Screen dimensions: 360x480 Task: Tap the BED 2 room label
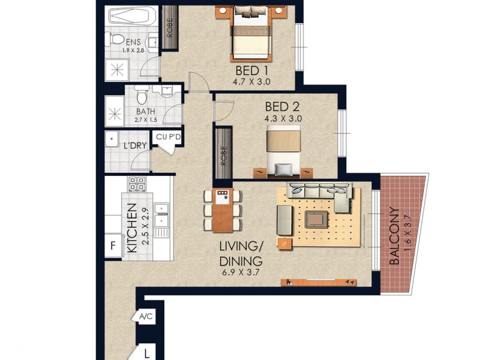282,107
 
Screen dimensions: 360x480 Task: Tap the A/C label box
145,317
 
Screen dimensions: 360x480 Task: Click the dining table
223,210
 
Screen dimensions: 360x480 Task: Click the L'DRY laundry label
132,146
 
